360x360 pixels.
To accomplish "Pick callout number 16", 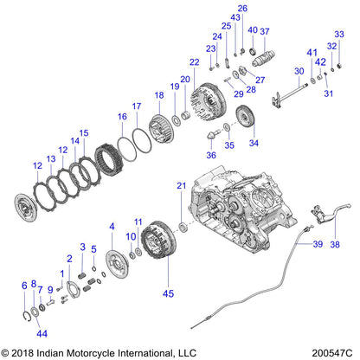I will pos(122,115).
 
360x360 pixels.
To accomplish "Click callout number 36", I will pos(210,155).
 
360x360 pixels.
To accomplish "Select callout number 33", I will pos(340,34).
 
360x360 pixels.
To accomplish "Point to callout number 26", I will pos(242,8).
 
